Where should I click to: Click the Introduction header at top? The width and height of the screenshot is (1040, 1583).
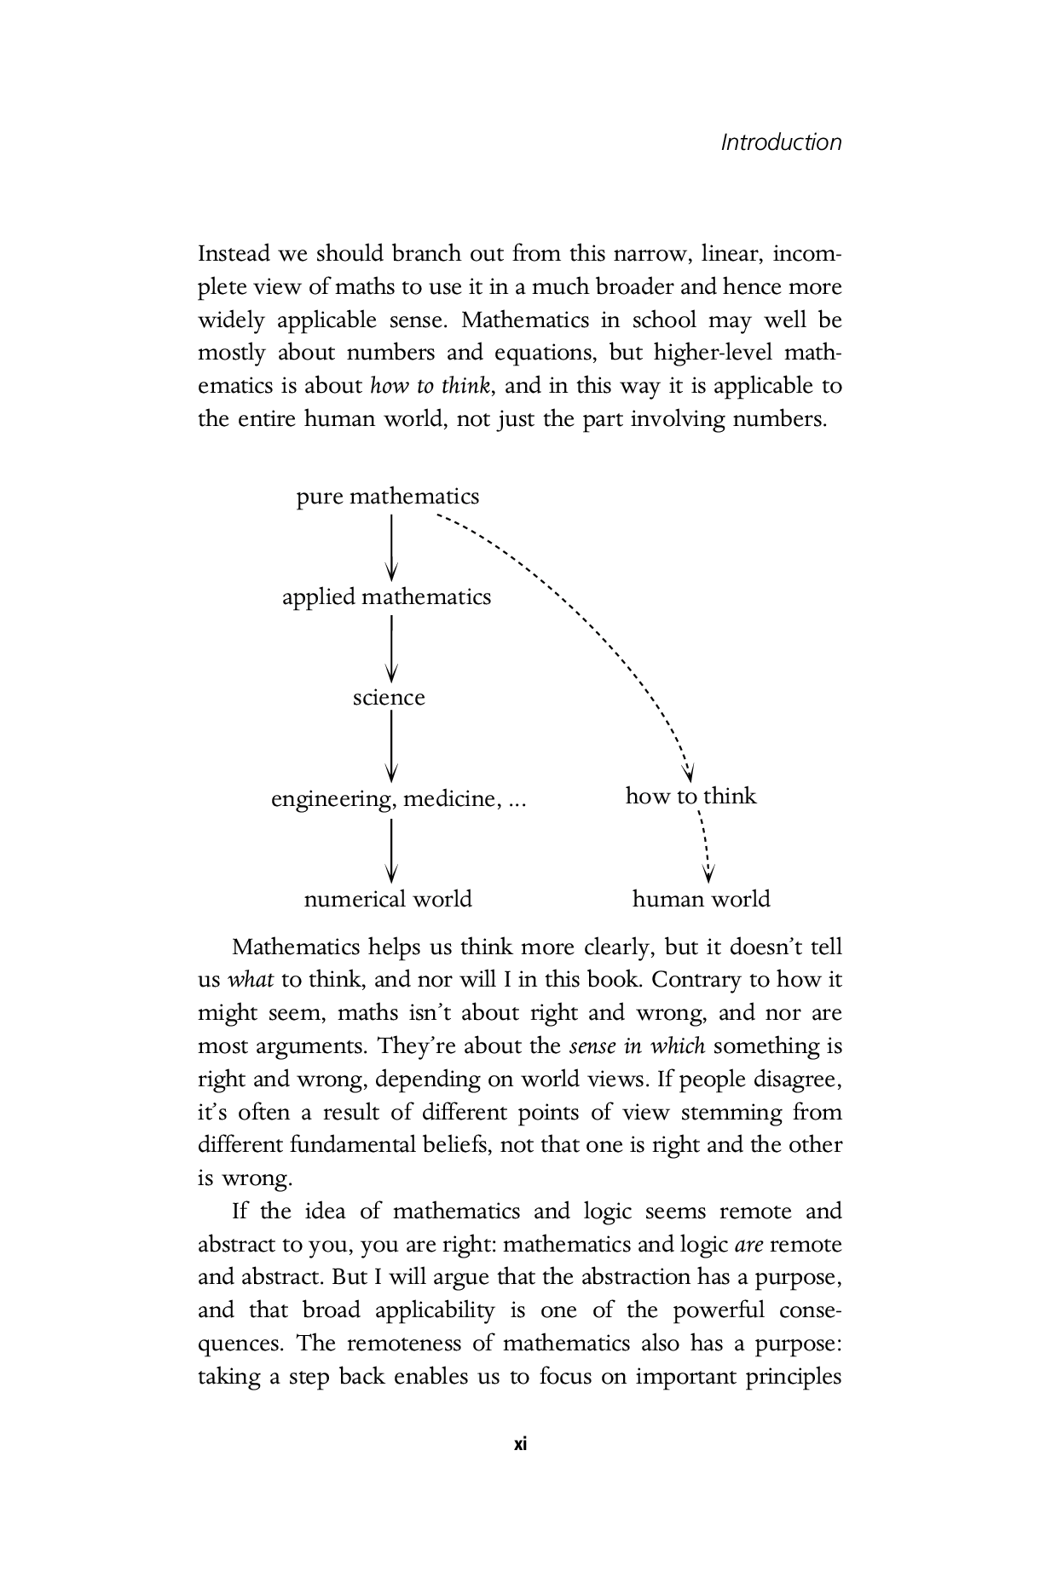pyautogui.click(x=781, y=142)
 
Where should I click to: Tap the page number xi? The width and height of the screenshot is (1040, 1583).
pyautogui.click(x=520, y=1444)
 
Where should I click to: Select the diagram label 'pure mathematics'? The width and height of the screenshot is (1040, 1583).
pyautogui.click(x=388, y=497)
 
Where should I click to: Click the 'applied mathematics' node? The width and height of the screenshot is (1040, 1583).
pyautogui.click(x=387, y=596)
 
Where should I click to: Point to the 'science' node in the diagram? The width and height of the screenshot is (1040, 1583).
pyautogui.click(x=389, y=698)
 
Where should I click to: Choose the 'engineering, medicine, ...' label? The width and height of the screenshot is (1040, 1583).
pyautogui.click(x=398, y=799)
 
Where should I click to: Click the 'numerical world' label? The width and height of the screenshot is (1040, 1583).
pyautogui.click(x=388, y=900)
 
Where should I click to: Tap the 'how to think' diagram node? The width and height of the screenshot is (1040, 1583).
pyautogui.click(x=690, y=796)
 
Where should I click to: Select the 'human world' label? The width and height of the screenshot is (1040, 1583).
pyautogui.click(x=701, y=900)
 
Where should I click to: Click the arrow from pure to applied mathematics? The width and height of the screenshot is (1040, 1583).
pyautogui.click(x=391, y=547)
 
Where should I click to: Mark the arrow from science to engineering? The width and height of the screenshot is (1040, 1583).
pyautogui.click(x=391, y=747)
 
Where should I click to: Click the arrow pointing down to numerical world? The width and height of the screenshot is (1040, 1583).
pyautogui.click(x=391, y=849)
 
